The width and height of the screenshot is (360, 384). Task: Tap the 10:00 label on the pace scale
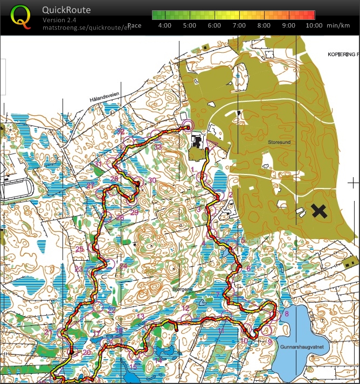point(314,25)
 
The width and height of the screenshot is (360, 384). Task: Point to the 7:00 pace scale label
point(239,25)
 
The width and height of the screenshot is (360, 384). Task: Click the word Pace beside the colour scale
point(135,25)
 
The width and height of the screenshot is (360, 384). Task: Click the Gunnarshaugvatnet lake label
point(301,348)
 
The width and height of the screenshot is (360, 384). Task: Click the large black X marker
point(320,211)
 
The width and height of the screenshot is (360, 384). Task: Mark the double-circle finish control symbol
point(187,125)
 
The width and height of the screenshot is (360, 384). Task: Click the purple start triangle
point(212,144)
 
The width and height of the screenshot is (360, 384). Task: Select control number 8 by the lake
point(287,313)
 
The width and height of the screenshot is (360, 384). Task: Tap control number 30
point(152,180)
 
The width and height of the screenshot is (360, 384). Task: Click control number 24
point(123,266)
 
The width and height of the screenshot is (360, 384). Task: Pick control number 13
point(141,317)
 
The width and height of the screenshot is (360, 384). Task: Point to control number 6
point(248,268)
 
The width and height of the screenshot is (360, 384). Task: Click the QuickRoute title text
point(66,10)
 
